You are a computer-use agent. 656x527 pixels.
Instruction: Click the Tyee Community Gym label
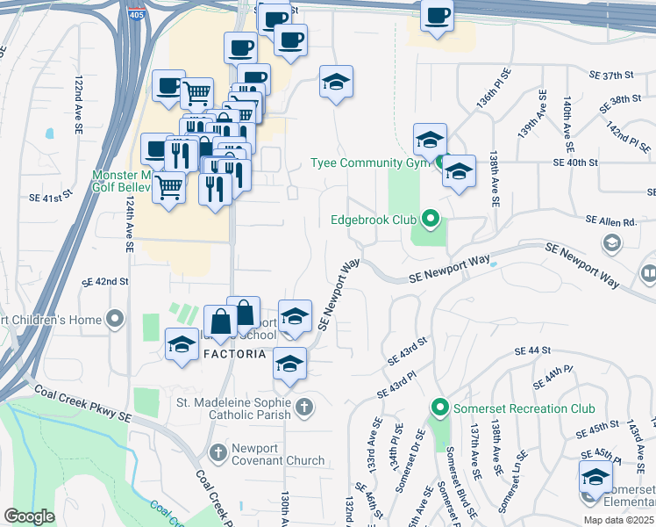tap(370, 162)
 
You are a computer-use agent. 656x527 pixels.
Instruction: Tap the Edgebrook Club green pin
tap(430, 219)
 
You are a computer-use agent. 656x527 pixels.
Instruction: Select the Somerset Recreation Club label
tap(523, 408)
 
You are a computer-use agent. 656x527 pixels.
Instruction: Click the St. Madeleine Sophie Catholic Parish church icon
tap(303, 407)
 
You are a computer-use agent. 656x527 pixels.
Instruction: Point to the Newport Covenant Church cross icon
tap(218, 452)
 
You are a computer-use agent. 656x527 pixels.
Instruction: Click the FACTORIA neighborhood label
tap(234, 354)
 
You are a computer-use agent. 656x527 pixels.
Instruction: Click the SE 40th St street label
tap(575, 162)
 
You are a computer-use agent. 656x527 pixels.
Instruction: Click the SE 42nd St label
tap(105, 282)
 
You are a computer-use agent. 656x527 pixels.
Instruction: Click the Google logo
tap(29, 516)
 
